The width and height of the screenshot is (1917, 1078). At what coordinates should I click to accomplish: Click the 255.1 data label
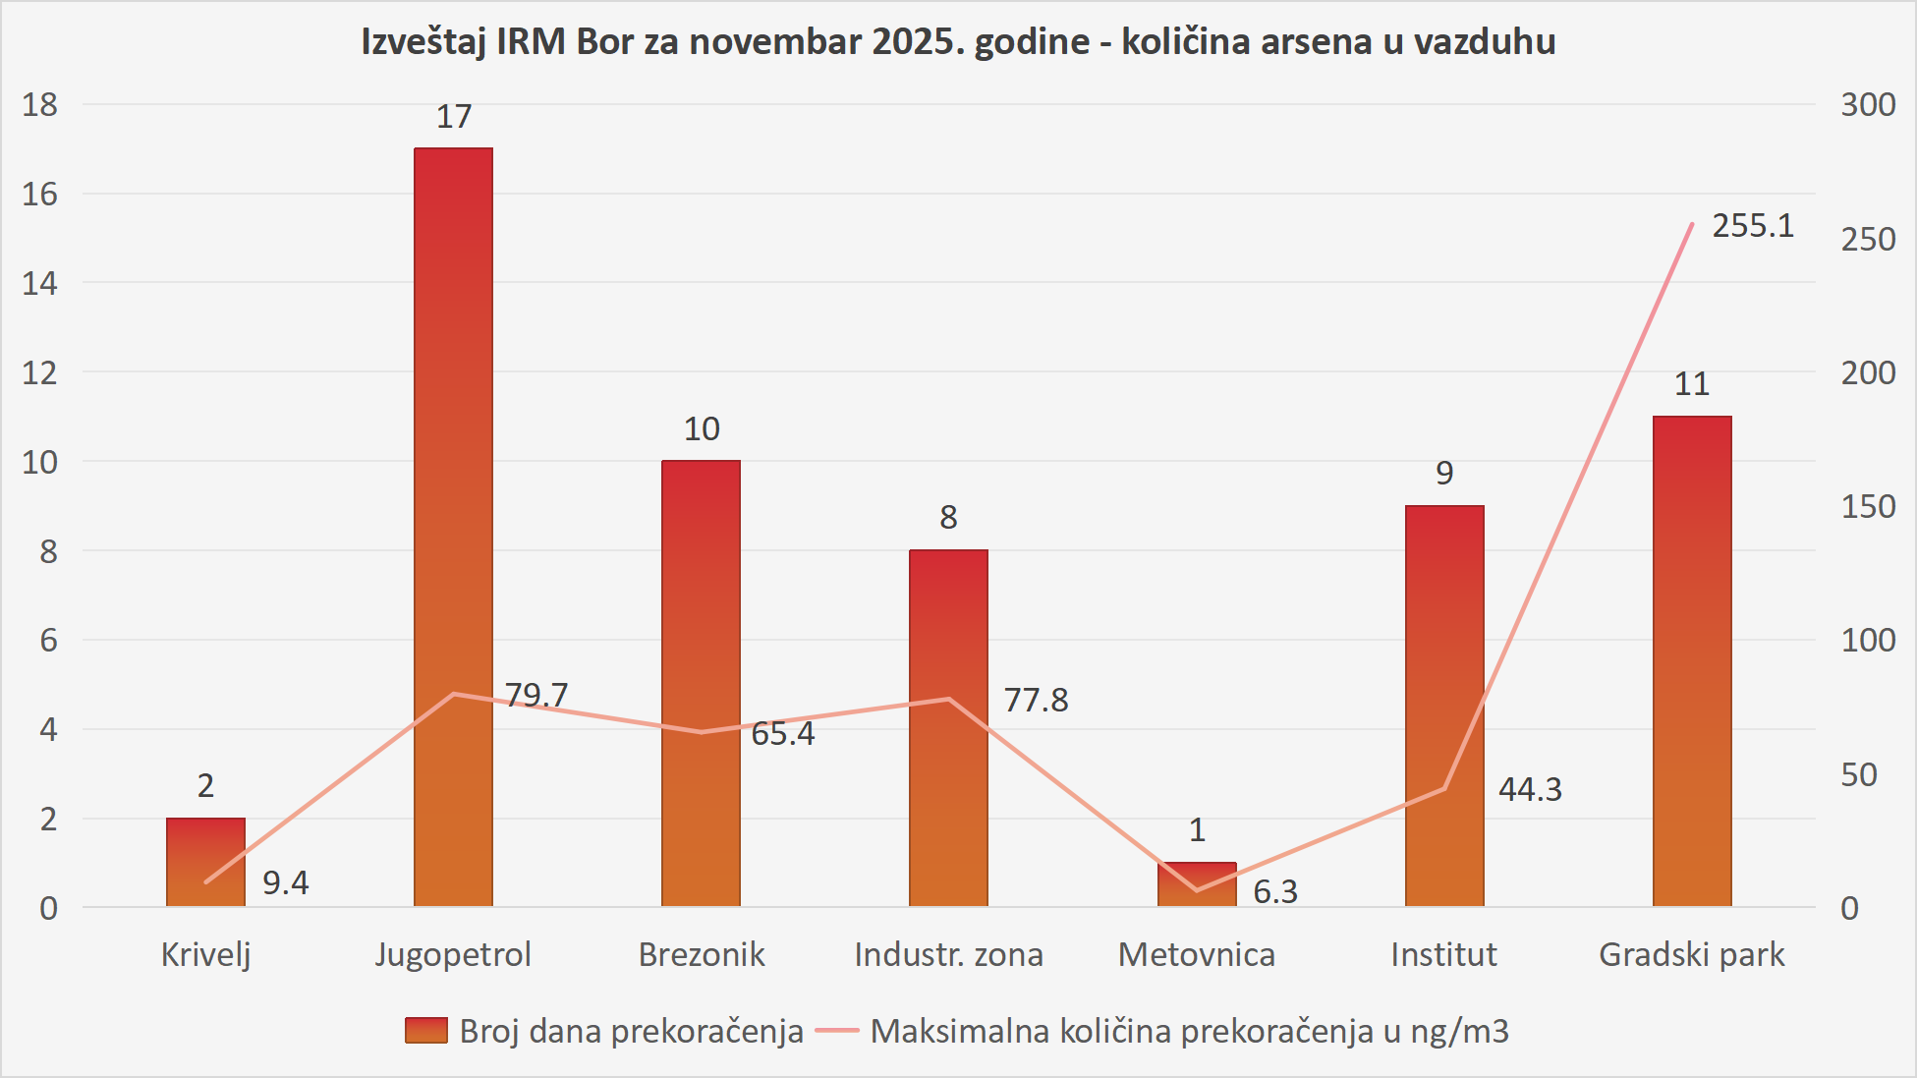tap(1753, 226)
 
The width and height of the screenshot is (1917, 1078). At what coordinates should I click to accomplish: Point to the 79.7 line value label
tap(536, 695)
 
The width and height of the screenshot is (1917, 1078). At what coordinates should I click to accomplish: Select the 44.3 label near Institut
tap(1530, 789)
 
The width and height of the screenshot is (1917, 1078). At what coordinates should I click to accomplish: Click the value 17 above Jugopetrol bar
tap(454, 117)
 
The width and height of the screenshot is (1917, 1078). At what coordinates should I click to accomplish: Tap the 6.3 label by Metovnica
tap(1275, 891)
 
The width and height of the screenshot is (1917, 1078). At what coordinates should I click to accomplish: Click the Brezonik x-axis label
tap(702, 954)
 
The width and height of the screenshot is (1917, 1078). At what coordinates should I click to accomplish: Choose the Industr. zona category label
tap(948, 954)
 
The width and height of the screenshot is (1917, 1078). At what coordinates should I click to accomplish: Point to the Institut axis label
tap(1443, 954)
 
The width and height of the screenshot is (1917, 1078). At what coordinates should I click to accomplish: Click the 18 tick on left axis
tap(40, 104)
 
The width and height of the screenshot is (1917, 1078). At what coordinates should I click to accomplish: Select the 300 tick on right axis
tap(1868, 104)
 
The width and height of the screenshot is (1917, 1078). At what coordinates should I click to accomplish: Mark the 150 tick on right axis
tap(1868, 506)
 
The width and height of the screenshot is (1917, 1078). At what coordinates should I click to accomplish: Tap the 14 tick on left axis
tap(40, 283)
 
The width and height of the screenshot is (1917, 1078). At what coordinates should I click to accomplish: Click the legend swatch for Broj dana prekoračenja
tap(426, 1030)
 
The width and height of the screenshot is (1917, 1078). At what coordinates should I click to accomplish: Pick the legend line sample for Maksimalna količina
tap(837, 1030)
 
